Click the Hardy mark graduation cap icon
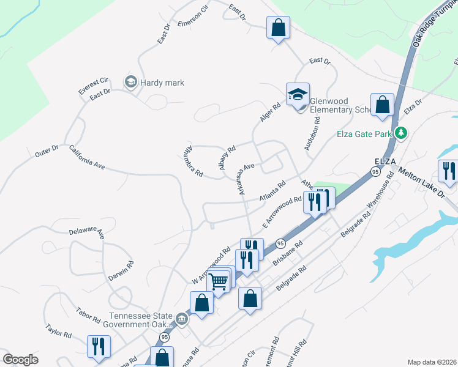[x=130, y=82]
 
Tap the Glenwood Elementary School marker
[x=298, y=95]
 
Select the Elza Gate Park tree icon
[x=401, y=133]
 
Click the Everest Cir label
[x=93, y=84]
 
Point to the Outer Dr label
[x=47, y=150]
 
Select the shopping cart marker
[x=219, y=281]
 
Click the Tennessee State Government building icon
[x=182, y=319]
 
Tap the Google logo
[x=20, y=360]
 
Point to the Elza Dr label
[x=413, y=108]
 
